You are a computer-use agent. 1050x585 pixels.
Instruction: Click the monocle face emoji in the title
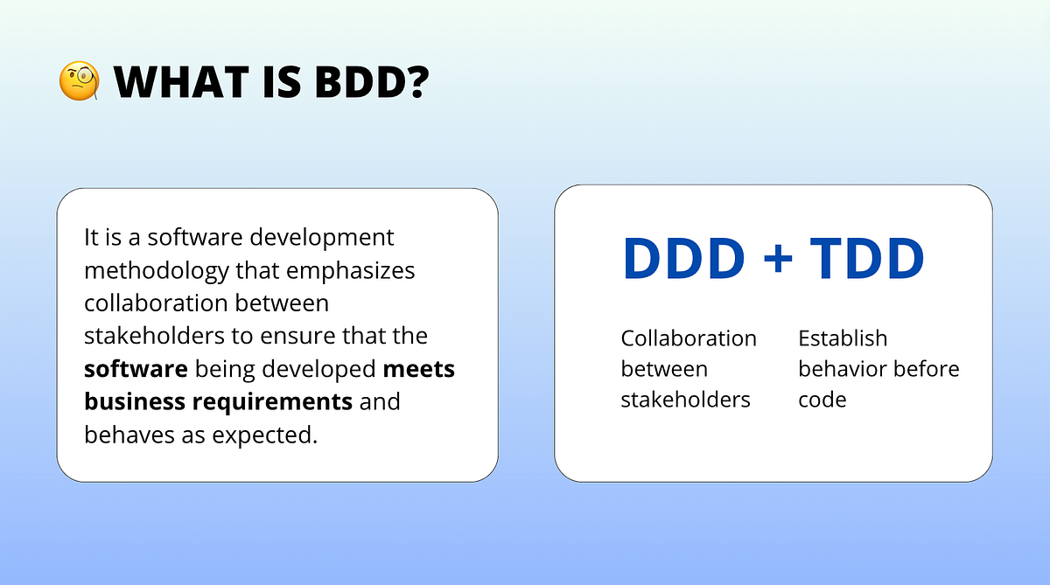click(78, 82)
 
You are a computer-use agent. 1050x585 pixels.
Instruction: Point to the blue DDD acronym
click(683, 260)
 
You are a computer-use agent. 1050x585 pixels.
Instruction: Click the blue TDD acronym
click(866, 260)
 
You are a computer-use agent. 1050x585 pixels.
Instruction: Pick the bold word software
click(136, 369)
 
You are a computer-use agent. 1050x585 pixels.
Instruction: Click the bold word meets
click(419, 369)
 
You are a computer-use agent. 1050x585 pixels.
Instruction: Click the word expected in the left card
click(271, 435)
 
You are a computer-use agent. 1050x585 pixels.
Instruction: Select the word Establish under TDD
click(843, 338)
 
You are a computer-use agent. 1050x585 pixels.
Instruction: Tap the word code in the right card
click(822, 400)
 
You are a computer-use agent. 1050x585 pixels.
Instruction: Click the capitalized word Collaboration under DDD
click(689, 338)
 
